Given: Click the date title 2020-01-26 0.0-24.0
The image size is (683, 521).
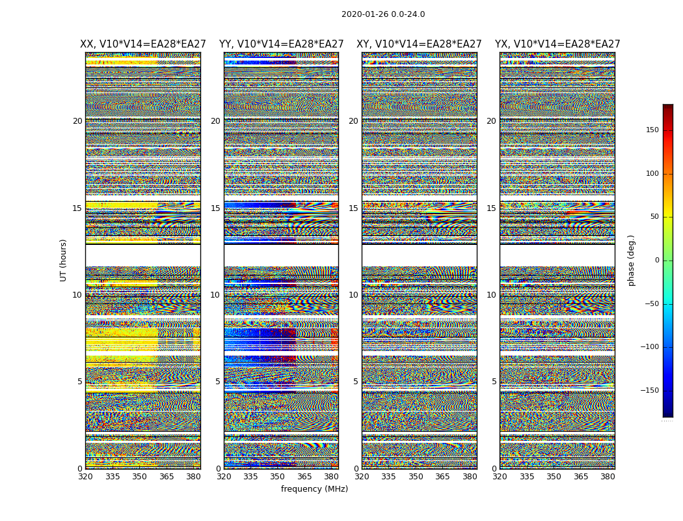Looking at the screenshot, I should (383, 14).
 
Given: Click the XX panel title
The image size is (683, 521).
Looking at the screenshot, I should (143, 44).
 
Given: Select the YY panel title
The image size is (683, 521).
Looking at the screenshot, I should (281, 44).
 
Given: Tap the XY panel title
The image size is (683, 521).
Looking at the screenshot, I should (419, 44).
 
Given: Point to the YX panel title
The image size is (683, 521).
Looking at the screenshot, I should (557, 44).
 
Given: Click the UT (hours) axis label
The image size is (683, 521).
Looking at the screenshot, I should (64, 260).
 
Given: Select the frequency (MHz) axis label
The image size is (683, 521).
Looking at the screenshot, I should (314, 489).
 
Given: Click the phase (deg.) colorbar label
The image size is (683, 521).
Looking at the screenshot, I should (631, 260).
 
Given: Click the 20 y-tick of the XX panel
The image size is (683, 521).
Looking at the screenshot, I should (77, 121).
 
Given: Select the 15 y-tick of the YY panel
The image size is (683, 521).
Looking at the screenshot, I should (215, 208).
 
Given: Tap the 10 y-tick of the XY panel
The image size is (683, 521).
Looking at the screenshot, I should (353, 295).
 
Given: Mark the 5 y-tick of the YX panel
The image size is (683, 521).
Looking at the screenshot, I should (494, 382).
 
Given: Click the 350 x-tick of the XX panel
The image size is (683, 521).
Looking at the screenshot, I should (139, 477).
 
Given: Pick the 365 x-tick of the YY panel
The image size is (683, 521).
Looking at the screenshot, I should (304, 477).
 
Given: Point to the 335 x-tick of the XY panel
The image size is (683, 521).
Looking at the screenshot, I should (388, 477).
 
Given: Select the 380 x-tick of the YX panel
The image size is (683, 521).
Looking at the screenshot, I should (608, 477).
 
